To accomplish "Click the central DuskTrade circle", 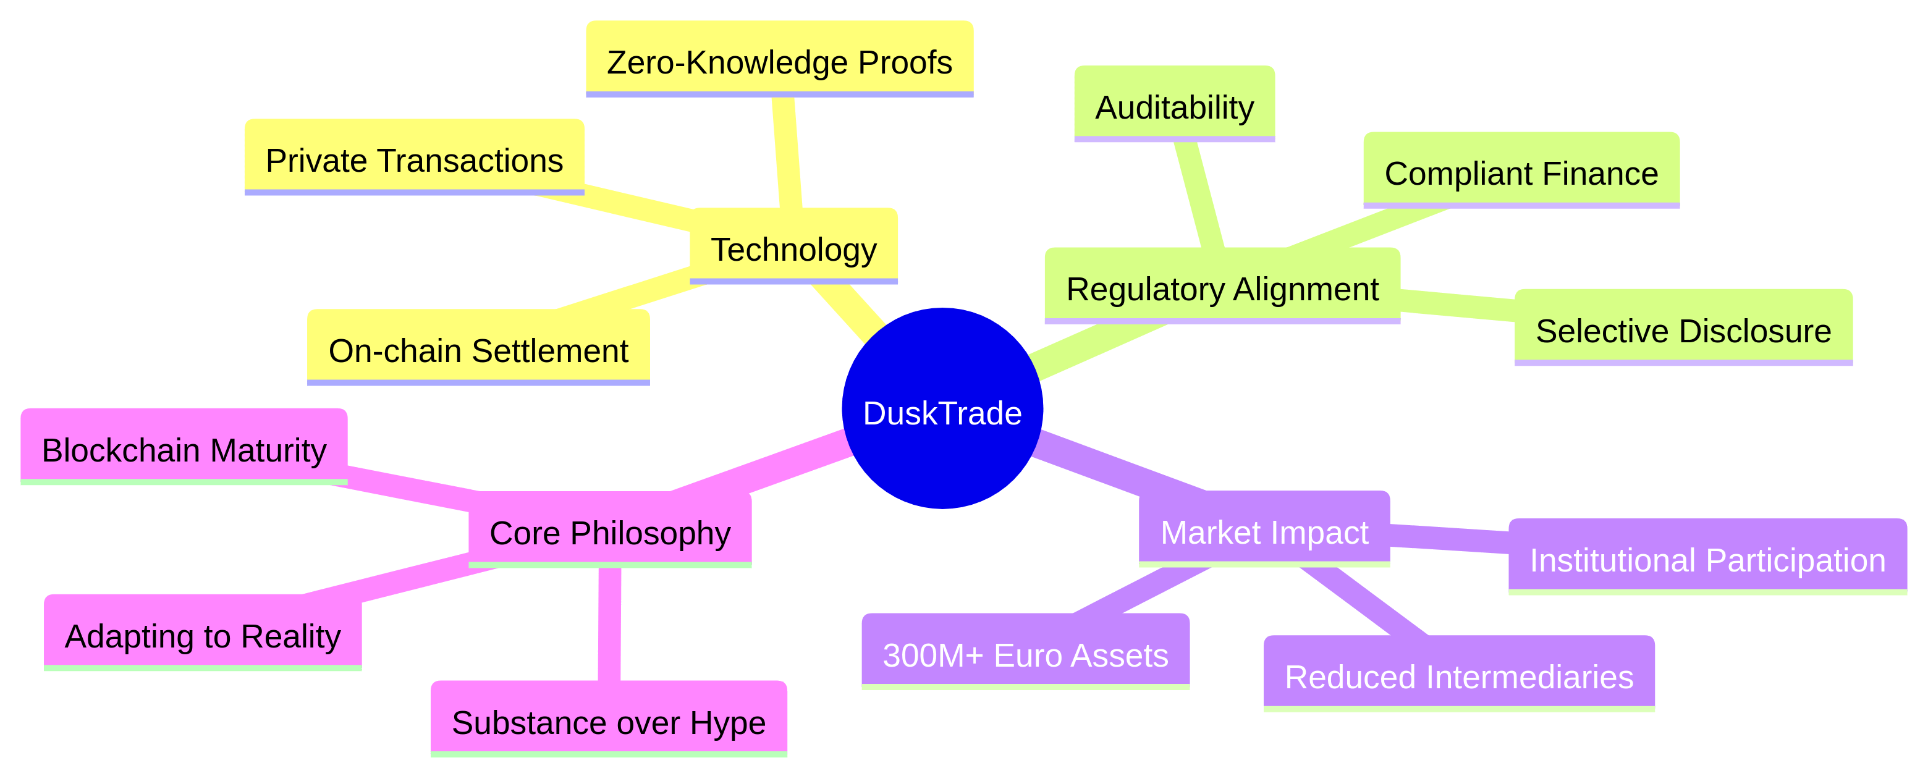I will [942, 408].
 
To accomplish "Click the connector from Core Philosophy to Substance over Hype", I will [610, 625].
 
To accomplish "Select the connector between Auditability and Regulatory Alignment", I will [1199, 195].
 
